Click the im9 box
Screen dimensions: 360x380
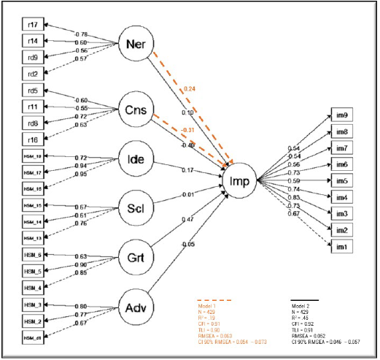click(341, 115)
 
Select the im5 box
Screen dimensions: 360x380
click(341, 180)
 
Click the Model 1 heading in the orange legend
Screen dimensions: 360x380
click(210, 306)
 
